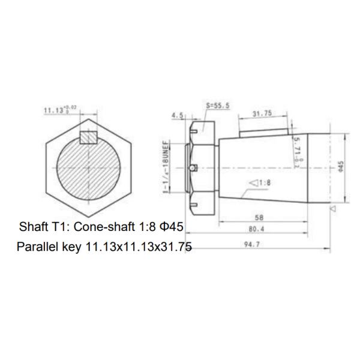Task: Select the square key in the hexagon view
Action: [x=88, y=136]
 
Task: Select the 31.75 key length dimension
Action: [x=262, y=112]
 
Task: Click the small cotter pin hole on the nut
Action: [x=192, y=167]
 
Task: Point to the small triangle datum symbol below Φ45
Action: [x=332, y=208]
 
